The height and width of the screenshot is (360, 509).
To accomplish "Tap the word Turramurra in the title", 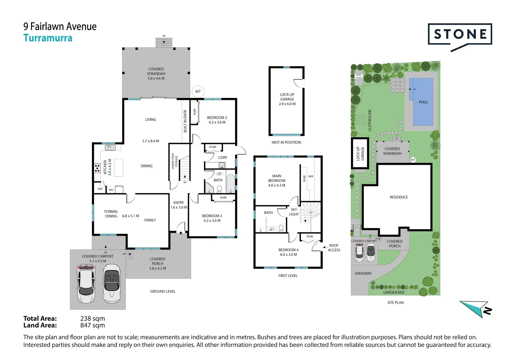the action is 48,38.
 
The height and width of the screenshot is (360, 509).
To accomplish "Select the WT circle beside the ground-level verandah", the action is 198,91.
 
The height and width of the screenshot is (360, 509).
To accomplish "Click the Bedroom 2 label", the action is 217,120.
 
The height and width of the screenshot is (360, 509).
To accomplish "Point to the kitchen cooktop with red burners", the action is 97,168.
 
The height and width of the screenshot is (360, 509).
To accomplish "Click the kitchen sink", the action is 110,147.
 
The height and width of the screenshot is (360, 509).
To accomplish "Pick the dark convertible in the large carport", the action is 112,283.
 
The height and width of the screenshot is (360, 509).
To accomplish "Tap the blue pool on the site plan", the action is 421,102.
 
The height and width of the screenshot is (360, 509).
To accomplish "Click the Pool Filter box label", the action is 358,76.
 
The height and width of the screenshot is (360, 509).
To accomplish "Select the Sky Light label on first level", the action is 294,212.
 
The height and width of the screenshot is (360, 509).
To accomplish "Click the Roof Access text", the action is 334,248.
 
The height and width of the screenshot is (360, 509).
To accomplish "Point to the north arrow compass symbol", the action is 476,309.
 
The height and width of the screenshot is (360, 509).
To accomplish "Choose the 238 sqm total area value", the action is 93,318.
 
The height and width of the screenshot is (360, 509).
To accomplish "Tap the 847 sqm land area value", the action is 93,325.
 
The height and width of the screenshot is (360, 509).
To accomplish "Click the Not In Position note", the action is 286,142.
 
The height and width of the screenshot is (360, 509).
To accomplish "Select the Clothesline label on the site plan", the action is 370,120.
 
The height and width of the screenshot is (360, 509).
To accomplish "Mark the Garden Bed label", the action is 393,292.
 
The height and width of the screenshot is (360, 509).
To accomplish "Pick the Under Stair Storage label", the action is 175,161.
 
